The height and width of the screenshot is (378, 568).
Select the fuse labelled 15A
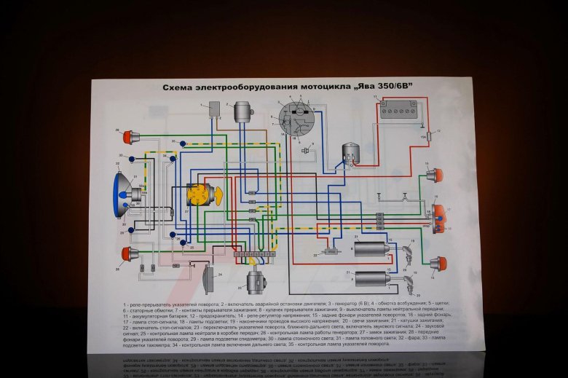(x=428, y=136)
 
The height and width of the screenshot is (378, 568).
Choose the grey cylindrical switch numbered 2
(x=242, y=113)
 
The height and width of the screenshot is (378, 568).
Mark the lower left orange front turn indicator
(x=131, y=254)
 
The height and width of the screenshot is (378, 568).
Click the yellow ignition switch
(x=197, y=194)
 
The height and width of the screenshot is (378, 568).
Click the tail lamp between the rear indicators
(x=439, y=218)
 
